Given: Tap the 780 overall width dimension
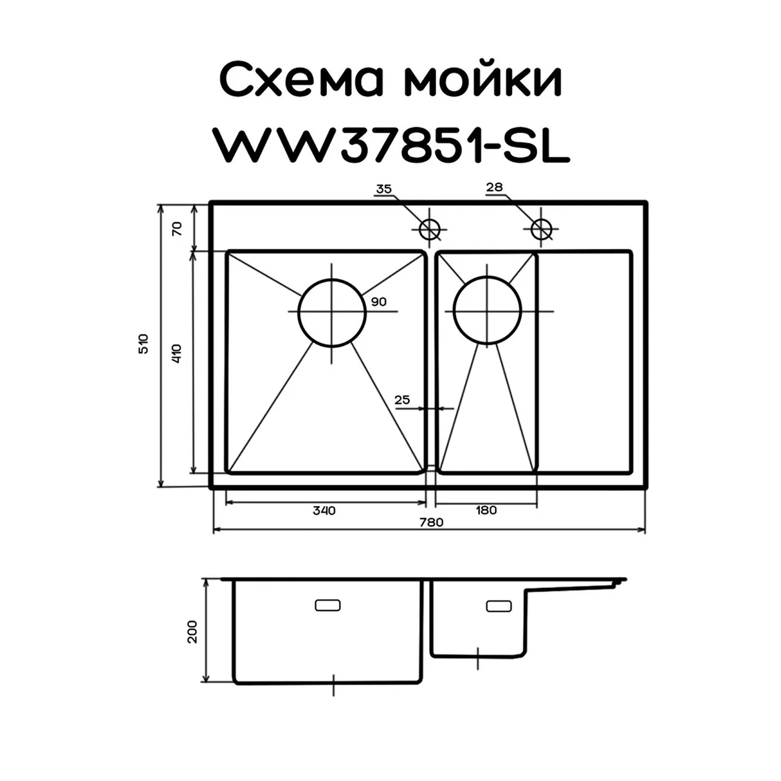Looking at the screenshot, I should click(x=431, y=522).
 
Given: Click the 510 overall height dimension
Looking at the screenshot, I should click(x=143, y=344).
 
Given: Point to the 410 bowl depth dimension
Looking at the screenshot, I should click(x=177, y=354).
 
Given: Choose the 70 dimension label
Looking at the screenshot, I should click(x=177, y=229).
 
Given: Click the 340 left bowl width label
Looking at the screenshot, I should click(x=324, y=510).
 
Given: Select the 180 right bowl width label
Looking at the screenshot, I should click(x=486, y=510).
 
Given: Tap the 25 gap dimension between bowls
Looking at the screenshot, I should click(x=402, y=400).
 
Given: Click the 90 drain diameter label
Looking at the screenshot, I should click(x=379, y=301).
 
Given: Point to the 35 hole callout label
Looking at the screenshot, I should click(x=383, y=189).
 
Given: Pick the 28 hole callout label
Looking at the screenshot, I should click(x=494, y=187).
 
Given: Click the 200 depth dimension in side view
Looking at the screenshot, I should click(x=193, y=631).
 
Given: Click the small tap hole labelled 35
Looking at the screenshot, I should click(x=430, y=229).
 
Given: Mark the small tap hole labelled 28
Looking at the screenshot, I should click(x=541, y=228).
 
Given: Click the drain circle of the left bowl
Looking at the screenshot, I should click(x=332, y=312).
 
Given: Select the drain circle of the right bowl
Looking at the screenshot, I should click(x=487, y=311).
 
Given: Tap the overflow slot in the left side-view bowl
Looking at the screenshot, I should click(x=327, y=605).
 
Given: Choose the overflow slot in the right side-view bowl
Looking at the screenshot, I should click(x=498, y=606).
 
